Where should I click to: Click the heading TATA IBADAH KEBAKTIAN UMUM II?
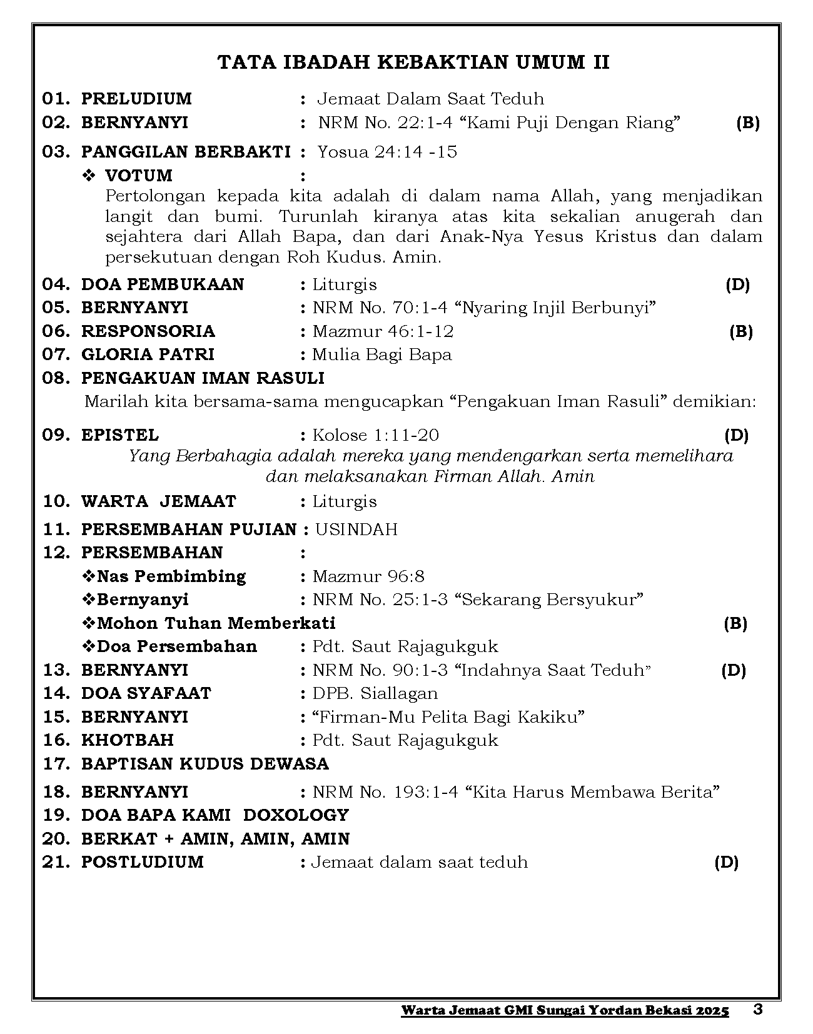(x=413, y=62)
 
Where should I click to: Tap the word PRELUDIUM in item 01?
(x=136, y=99)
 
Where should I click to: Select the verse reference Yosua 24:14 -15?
(x=387, y=152)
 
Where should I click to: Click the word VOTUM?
(x=138, y=175)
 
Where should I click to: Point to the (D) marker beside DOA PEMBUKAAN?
(x=737, y=284)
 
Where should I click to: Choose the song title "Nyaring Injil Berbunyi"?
(x=555, y=308)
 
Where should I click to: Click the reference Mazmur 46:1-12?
(x=383, y=331)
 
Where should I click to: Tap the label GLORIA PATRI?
(x=148, y=354)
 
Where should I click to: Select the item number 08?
(x=56, y=378)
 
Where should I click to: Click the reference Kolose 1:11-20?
(x=375, y=435)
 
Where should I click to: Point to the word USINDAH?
(x=356, y=530)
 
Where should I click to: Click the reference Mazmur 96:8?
(x=368, y=576)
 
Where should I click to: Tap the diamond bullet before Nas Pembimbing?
(x=88, y=576)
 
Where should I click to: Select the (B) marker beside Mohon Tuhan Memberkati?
(x=735, y=623)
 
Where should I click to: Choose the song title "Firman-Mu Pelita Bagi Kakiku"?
(x=448, y=717)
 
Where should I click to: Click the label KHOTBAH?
(x=127, y=740)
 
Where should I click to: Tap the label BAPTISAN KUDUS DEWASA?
(x=205, y=764)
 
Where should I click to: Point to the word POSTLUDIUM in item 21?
(x=142, y=862)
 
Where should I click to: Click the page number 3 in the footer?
(x=758, y=1009)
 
